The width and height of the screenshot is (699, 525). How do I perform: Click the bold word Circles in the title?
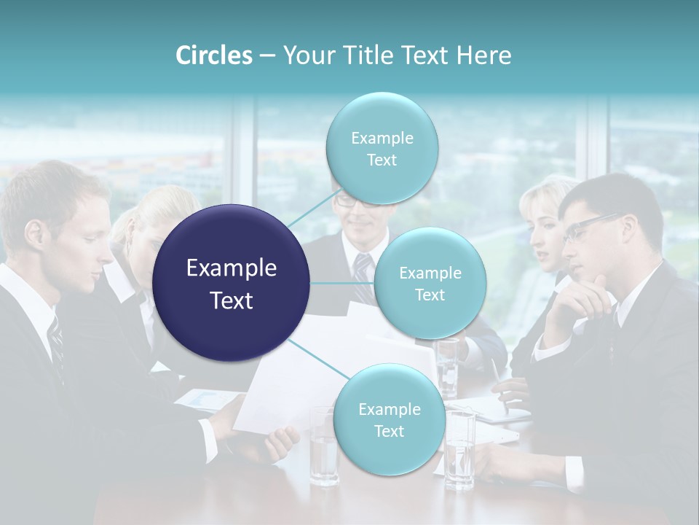(213, 55)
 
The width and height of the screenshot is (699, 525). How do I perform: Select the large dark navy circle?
(232, 283)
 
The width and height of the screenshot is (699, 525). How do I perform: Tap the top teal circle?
(382, 148)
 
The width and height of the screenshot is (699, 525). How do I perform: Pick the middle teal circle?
(430, 283)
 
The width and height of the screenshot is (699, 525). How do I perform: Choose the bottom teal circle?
(389, 419)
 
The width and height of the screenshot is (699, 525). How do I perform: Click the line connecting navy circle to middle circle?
(341, 283)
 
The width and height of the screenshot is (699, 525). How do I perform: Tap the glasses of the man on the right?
(590, 227)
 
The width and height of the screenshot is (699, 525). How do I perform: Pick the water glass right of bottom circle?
(459, 448)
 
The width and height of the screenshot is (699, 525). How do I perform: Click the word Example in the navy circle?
(232, 268)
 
